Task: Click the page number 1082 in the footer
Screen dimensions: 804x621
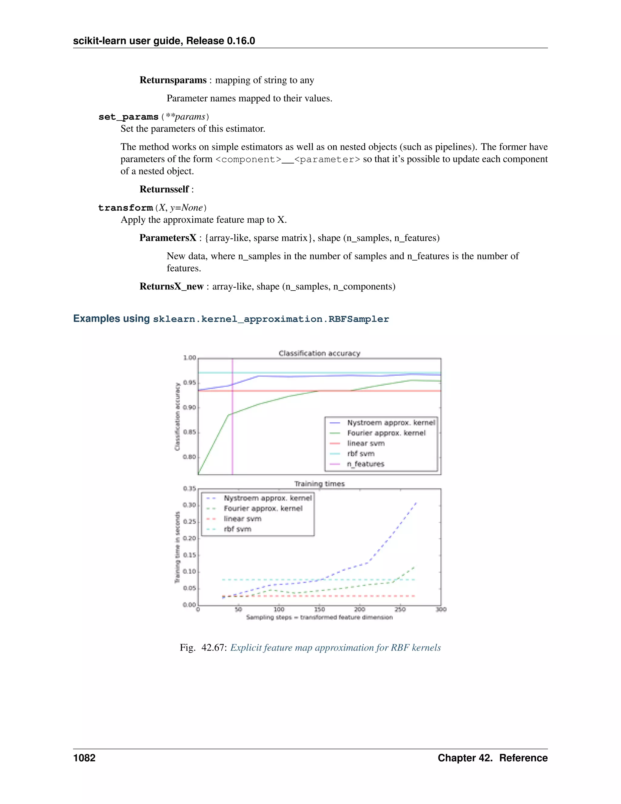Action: click(84, 758)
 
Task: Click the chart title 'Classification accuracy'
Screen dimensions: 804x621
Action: click(319, 353)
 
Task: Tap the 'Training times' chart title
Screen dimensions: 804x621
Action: click(319, 484)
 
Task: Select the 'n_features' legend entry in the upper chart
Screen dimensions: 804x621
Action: click(365, 464)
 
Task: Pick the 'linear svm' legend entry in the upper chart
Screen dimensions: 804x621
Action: click(366, 443)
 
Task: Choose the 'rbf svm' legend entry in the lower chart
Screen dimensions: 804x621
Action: click(237, 529)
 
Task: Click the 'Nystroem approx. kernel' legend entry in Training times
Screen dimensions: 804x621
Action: click(267, 498)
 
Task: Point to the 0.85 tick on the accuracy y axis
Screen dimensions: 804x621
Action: click(190, 432)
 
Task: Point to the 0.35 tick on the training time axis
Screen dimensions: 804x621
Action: click(190, 488)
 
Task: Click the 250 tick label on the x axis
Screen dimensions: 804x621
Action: click(400, 610)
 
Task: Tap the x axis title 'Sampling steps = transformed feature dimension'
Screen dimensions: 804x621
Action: click(319, 617)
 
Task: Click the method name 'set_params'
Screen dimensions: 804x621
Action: click(128, 117)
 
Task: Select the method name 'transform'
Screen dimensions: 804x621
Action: click(126, 208)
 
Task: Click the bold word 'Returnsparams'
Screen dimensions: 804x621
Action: click(173, 80)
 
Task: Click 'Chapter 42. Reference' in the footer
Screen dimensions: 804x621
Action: click(492, 758)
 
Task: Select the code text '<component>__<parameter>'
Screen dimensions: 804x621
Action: click(287, 159)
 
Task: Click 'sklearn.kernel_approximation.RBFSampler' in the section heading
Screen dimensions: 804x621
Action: click(271, 319)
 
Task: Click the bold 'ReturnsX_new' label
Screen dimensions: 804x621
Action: click(171, 286)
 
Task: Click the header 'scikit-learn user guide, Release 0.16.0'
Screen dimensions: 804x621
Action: click(164, 41)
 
